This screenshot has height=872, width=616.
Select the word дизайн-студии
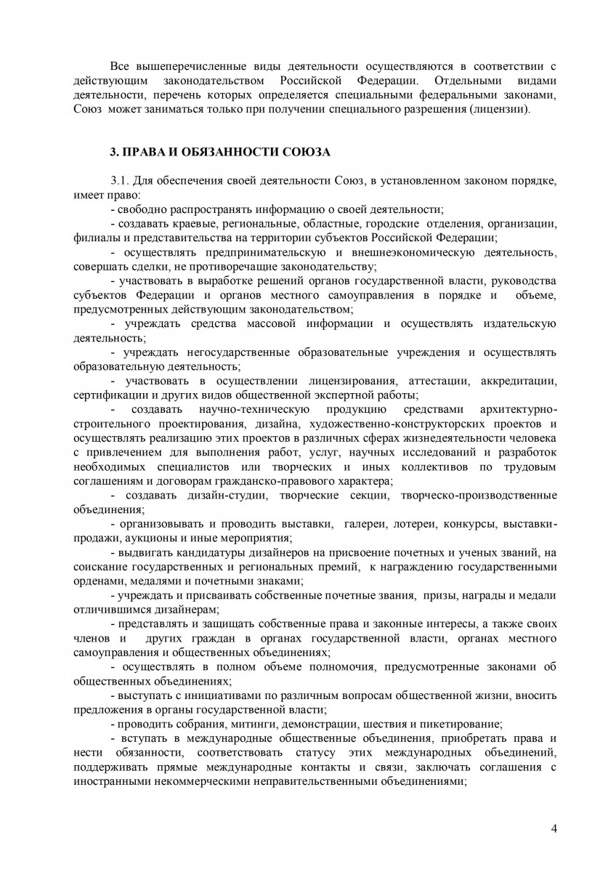208,495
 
